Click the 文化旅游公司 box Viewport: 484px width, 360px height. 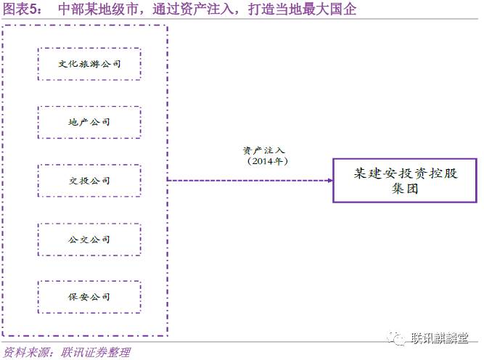pos(89,64)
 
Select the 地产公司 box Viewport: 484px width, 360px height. pos(89,122)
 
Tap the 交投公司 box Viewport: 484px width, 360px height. pos(89,180)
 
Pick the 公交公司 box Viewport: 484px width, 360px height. pos(89,238)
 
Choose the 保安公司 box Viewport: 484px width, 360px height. pos(89,296)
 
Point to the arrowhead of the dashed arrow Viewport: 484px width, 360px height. pos(327,180)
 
